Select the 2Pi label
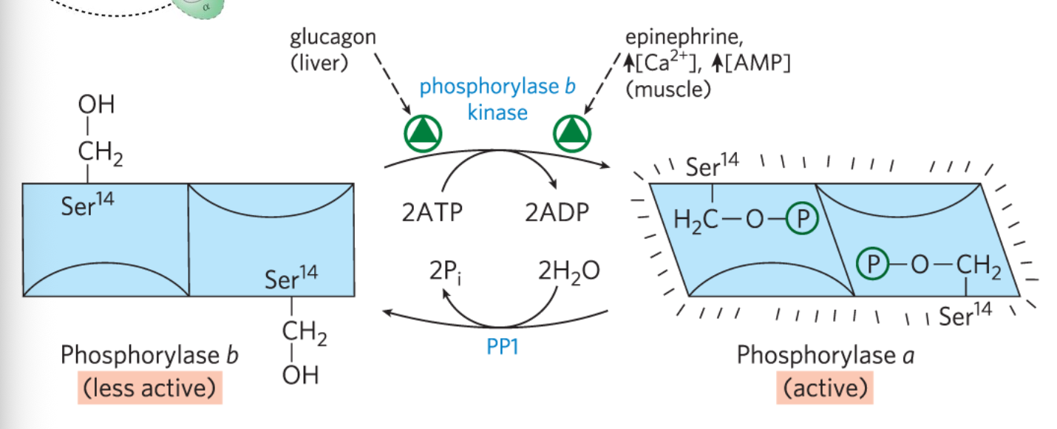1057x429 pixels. (x=447, y=272)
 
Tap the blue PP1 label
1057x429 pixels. (x=503, y=345)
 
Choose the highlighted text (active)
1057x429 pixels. (x=824, y=387)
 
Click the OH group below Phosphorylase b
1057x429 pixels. (x=300, y=375)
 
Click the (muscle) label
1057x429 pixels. (x=667, y=89)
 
